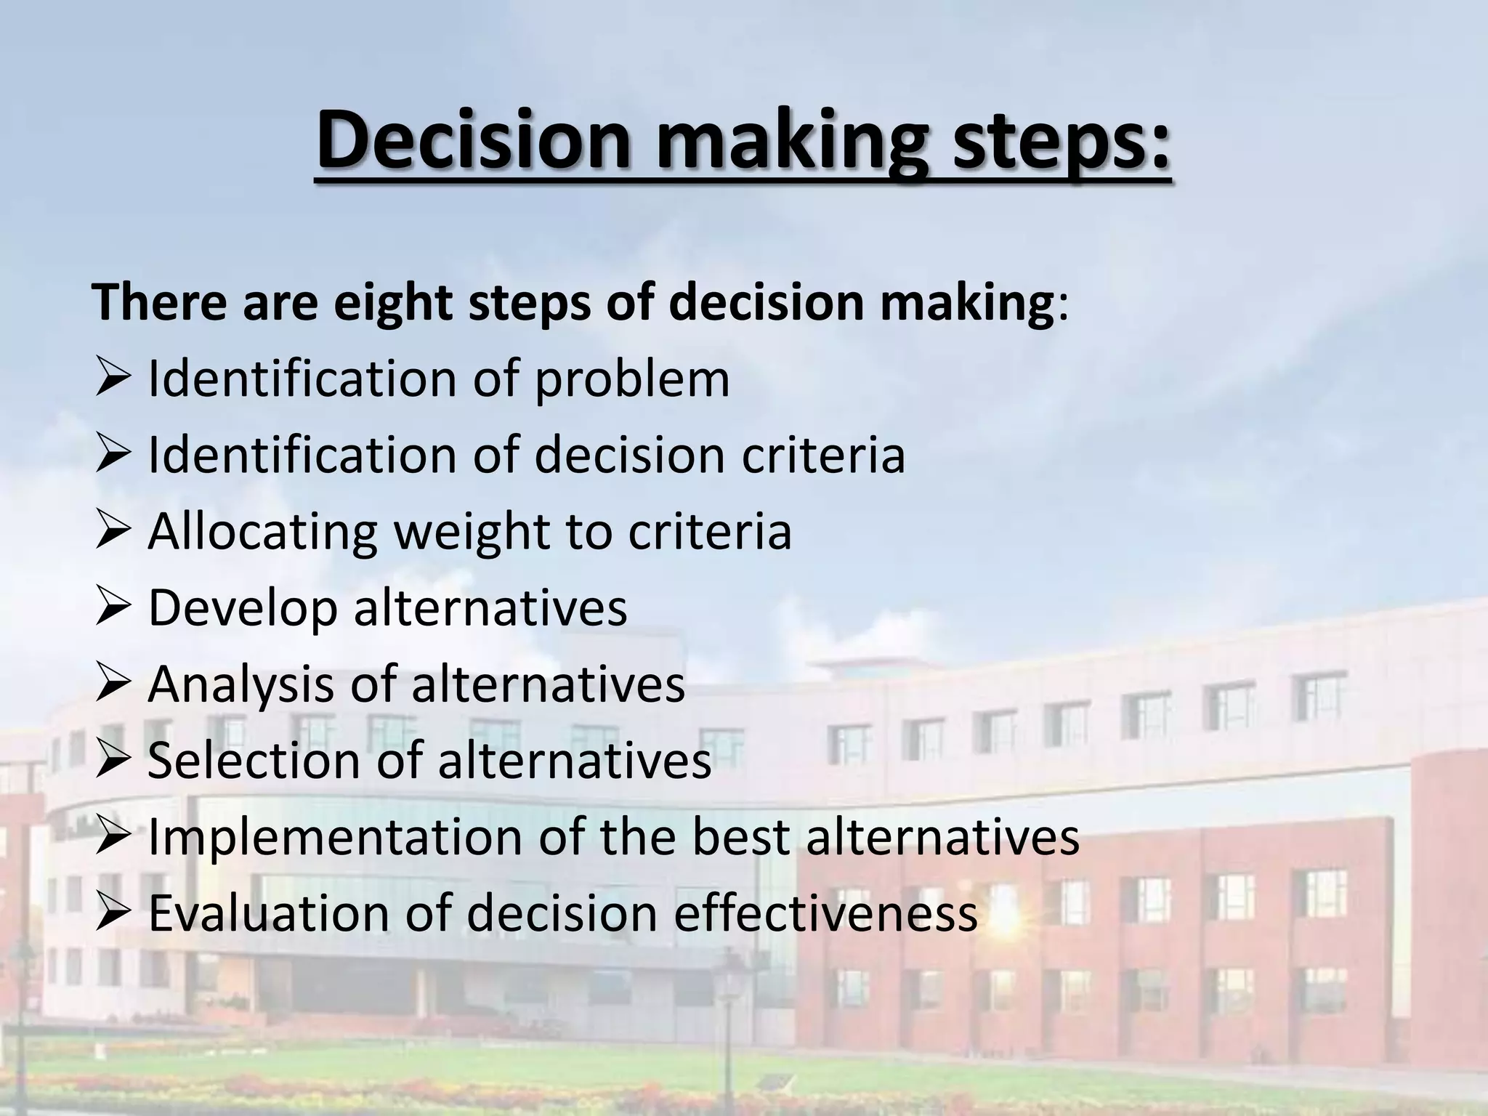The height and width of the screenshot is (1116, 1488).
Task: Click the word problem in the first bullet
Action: [632, 380]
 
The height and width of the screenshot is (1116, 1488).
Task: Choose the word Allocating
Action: [262, 532]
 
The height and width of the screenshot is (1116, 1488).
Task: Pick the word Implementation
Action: [334, 837]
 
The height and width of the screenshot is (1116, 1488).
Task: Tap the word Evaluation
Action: [269, 913]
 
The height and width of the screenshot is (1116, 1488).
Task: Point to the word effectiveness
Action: [825, 913]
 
